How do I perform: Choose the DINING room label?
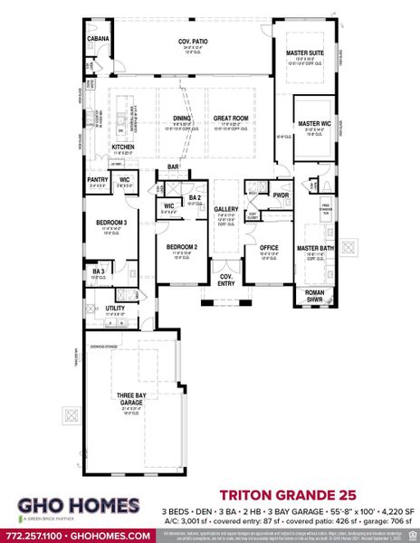[182, 118]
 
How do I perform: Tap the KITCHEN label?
[123, 147]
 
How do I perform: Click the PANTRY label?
[98, 179]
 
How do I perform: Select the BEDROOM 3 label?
[111, 223]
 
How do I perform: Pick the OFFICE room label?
[268, 247]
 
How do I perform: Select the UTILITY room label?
[116, 309]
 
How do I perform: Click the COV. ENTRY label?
[225, 279]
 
